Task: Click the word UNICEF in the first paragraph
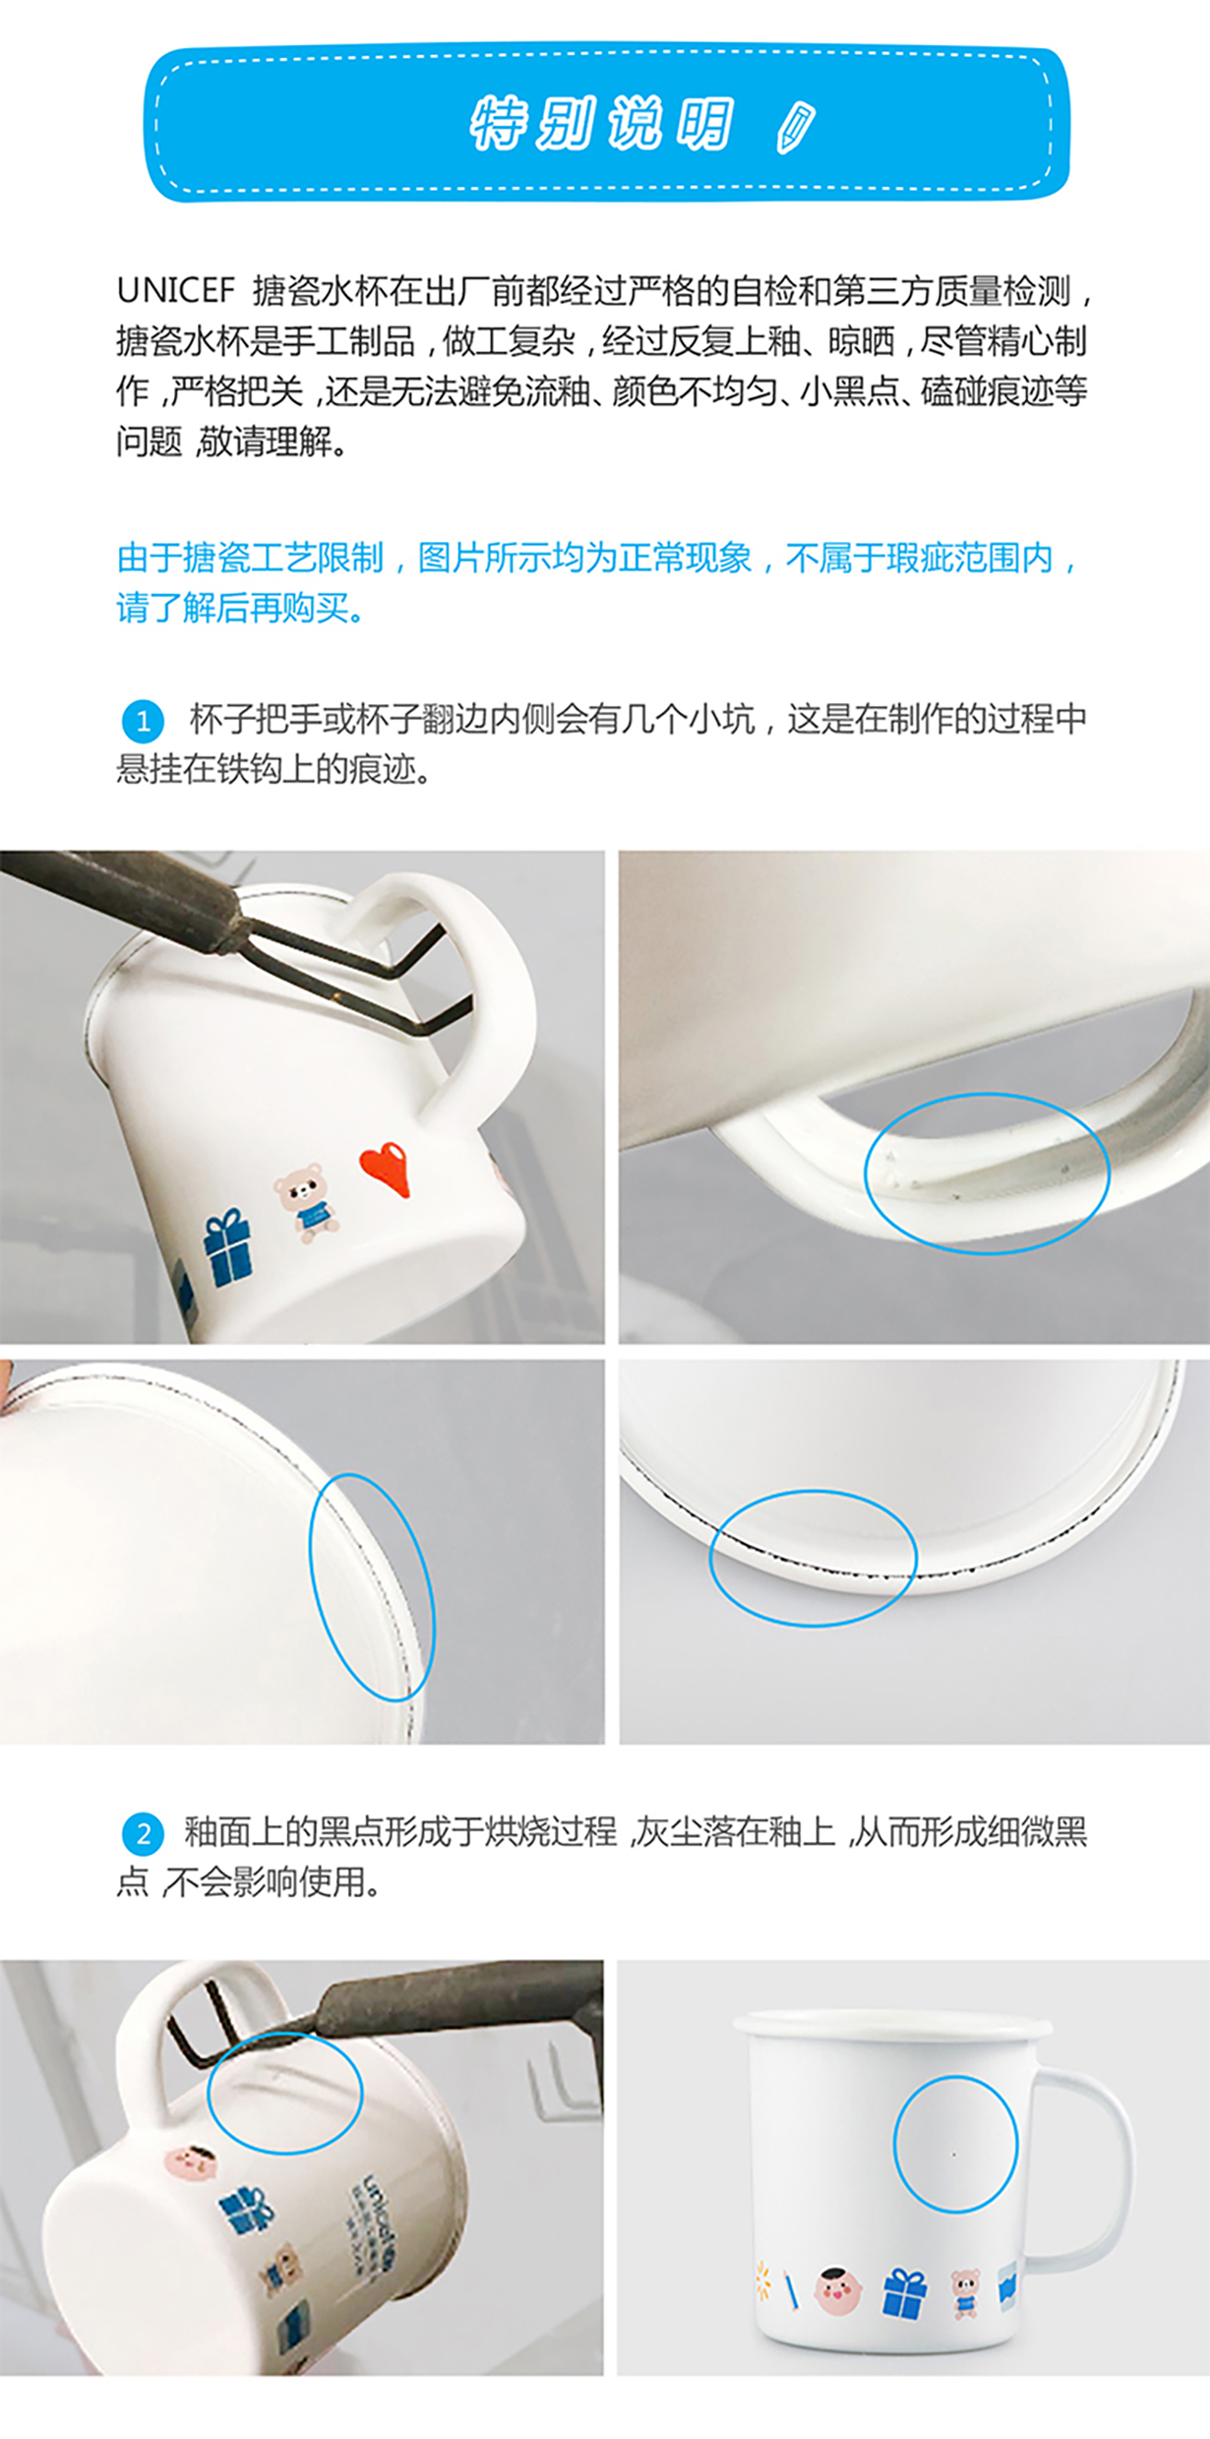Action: (x=175, y=291)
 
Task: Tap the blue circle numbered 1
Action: (x=143, y=721)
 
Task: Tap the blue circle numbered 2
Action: (x=143, y=1833)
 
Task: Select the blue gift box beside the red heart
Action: (x=227, y=1249)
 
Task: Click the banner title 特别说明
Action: (x=602, y=125)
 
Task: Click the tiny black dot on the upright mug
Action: (x=954, y=2154)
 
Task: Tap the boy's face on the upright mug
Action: (x=838, y=2290)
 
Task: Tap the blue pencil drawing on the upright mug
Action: (x=790, y=2290)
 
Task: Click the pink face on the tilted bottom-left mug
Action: (x=190, y=2162)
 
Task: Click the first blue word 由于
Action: (x=149, y=559)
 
